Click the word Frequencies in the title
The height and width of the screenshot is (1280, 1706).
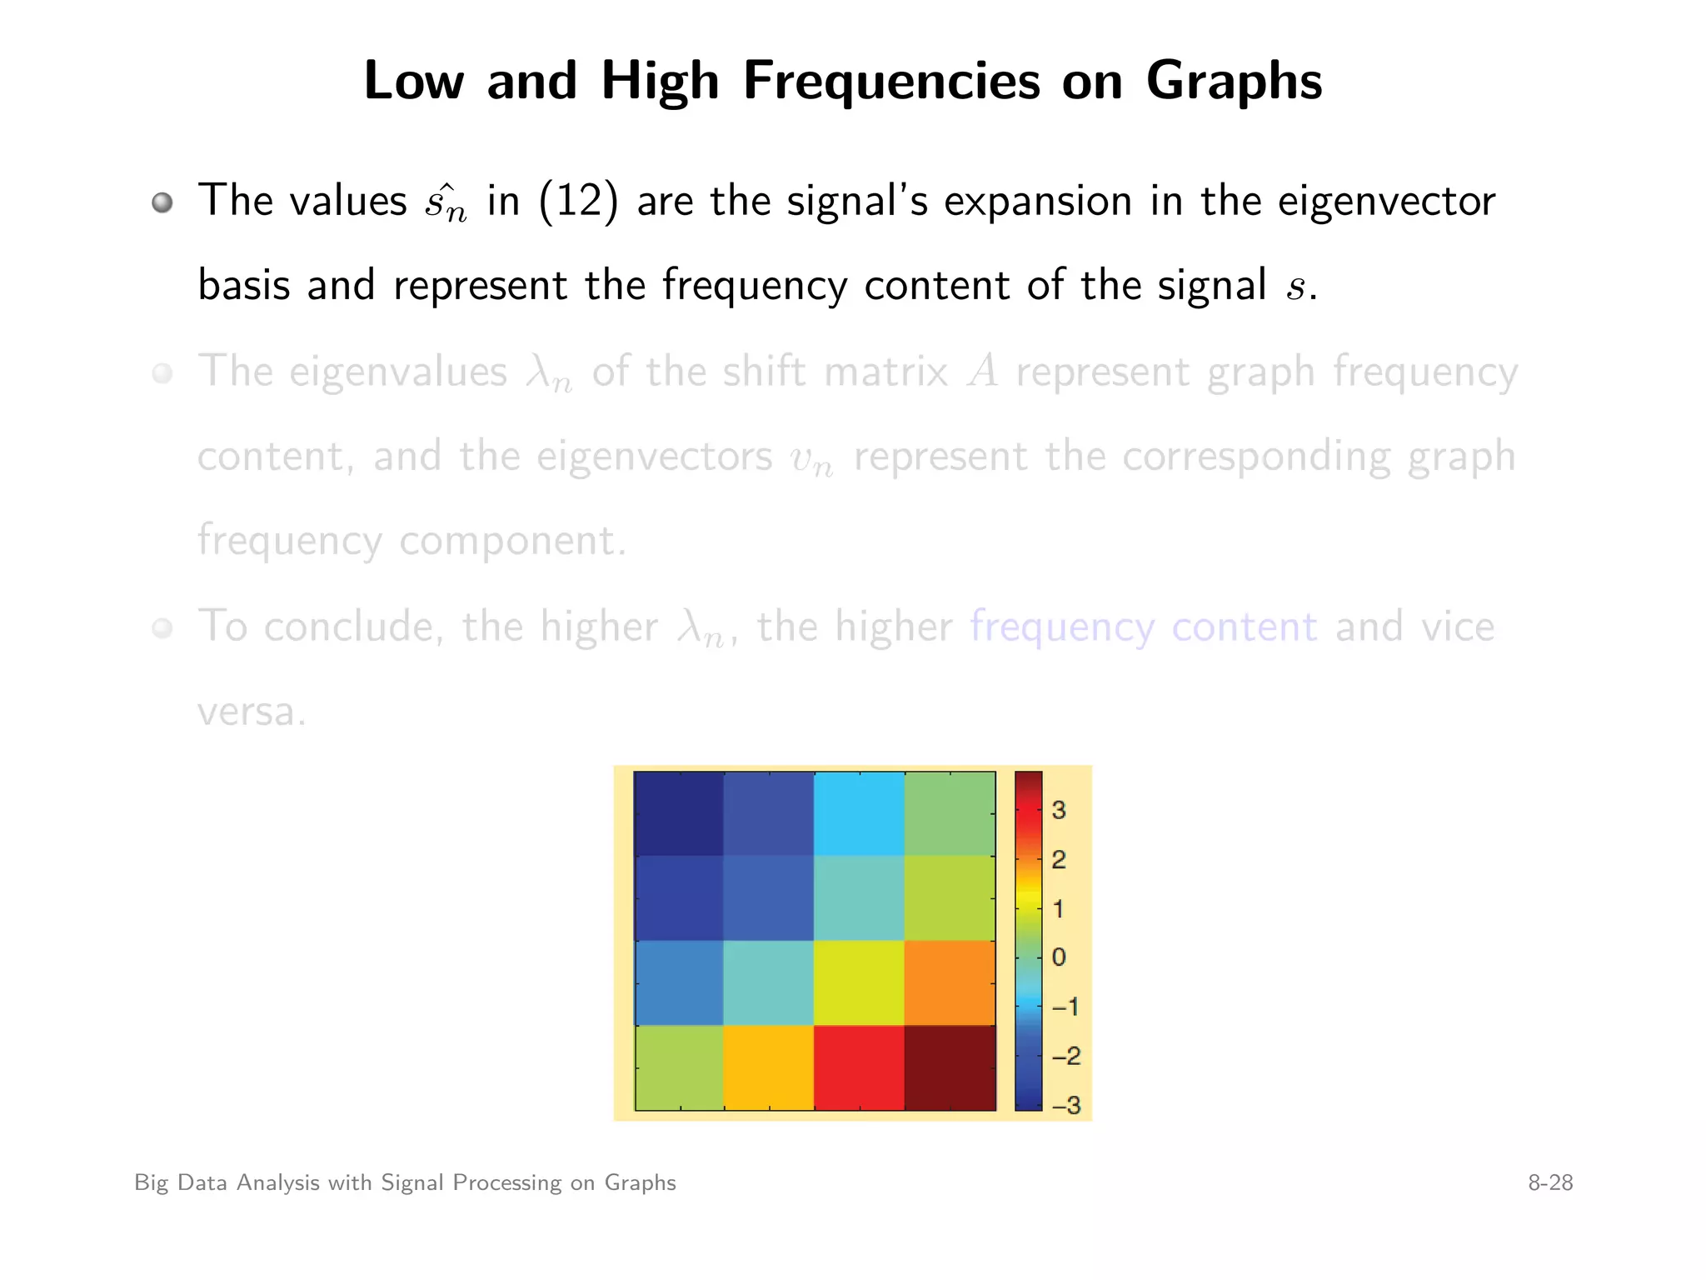[x=891, y=82]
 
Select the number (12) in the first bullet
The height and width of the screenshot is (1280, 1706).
[x=579, y=201]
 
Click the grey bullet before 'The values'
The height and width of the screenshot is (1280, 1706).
[x=162, y=202]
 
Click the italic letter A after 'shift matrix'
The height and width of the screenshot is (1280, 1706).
[x=983, y=371]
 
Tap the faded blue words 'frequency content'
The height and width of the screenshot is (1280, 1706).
[x=1144, y=627]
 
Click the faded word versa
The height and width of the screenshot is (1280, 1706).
[x=252, y=712]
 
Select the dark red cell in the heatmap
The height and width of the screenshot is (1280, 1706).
[x=950, y=1067]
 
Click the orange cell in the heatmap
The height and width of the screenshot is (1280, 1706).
[x=950, y=982]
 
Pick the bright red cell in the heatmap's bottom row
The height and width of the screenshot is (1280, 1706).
[x=859, y=1067]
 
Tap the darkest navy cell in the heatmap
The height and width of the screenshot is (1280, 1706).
[x=679, y=813]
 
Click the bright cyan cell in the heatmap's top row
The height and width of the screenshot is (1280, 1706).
[x=859, y=813]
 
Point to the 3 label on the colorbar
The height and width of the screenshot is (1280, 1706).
[x=1059, y=810]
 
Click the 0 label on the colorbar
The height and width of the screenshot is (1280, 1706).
[x=1059, y=957]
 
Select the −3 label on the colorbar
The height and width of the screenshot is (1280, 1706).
[x=1066, y=1105]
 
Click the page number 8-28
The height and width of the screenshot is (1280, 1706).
[x=1550, y=1182]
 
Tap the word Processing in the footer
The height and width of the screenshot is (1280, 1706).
[x=506, y=1183]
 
